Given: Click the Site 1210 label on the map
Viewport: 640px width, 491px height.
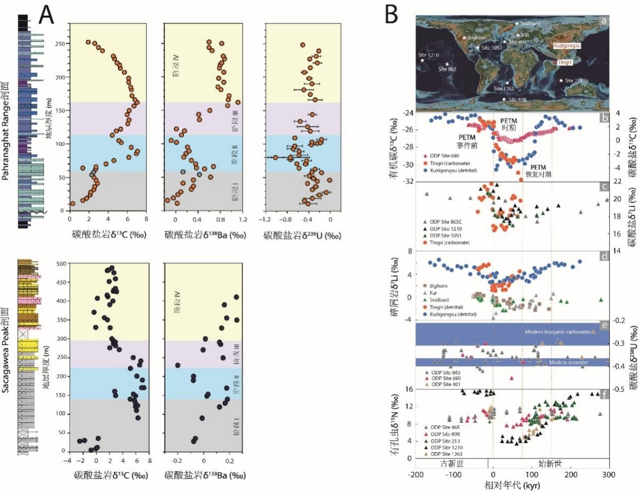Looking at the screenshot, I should click(x=429, y=55).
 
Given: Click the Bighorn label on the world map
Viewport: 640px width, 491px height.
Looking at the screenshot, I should click(x=477, y=38).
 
